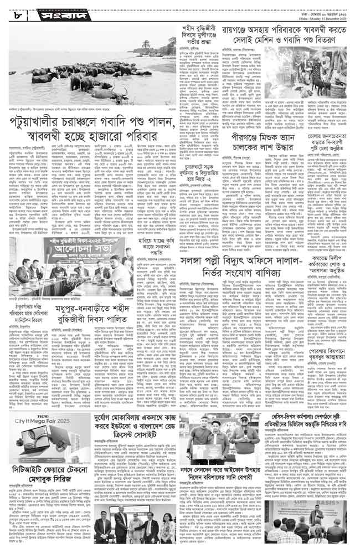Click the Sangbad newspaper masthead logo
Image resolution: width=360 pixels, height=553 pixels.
55,11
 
